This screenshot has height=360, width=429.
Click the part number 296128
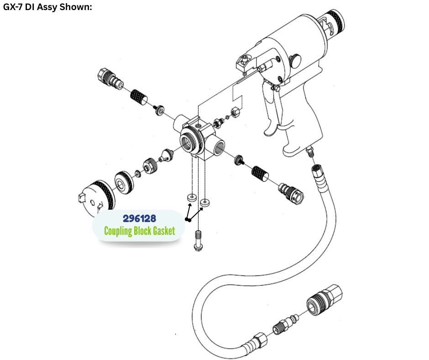pyautogui.click(x=140, y=218)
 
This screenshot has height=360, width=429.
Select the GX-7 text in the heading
pyautogui.click(x=13, y=6)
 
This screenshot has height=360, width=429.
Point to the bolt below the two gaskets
pyautogui.click(x=198, y=241)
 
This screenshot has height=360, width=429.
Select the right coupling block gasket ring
pyautogui.click(x=205, y=203)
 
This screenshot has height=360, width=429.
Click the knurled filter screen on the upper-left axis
pyautogui.click(x=138, y=97)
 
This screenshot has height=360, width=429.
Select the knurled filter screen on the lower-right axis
pyautogui.click(x=260, y=174)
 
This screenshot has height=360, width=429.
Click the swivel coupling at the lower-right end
pyautogui.click(x=291, y=191)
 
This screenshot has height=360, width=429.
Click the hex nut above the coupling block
pyautogui.click(x=235, y=112)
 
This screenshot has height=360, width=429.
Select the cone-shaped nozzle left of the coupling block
pyautogui.click(x=167, y=156)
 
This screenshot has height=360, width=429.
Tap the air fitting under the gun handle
pyautogui.click(x=310, y=152)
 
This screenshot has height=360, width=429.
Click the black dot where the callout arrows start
pyautogui.click(x=188, y=219)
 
